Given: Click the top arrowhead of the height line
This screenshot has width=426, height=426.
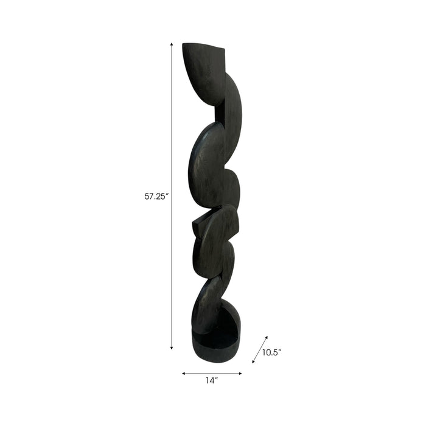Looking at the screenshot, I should click(x=172, y=44).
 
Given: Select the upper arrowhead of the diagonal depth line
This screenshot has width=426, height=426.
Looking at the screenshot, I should click(x=267, y=335).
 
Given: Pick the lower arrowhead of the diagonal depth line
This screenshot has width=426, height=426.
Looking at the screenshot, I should click(x=253, y=363).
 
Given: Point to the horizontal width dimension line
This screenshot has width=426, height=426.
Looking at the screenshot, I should click(x=212, y=373).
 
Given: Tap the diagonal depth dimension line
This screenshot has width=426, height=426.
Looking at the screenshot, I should click(x=260, y=349).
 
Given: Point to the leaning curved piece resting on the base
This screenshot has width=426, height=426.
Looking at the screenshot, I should click(x=207, y=304).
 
